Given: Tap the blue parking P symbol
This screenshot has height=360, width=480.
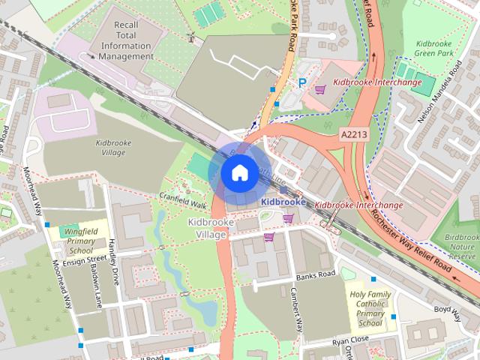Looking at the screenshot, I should tap(302, 84).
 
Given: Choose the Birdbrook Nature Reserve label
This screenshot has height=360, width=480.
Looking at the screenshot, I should tap(460, 247).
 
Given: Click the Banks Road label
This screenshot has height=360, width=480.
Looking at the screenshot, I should tap(315, 276).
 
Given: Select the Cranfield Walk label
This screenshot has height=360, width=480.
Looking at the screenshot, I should tap(183, 199).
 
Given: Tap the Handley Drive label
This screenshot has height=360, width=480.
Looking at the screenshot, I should tap(115, 259).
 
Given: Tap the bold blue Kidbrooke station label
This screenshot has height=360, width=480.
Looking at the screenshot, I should tap(283, 202).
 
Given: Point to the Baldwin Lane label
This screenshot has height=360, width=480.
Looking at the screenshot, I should tap(95, 288).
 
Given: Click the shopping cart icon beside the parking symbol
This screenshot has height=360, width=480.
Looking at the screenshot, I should tap(321, 89).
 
